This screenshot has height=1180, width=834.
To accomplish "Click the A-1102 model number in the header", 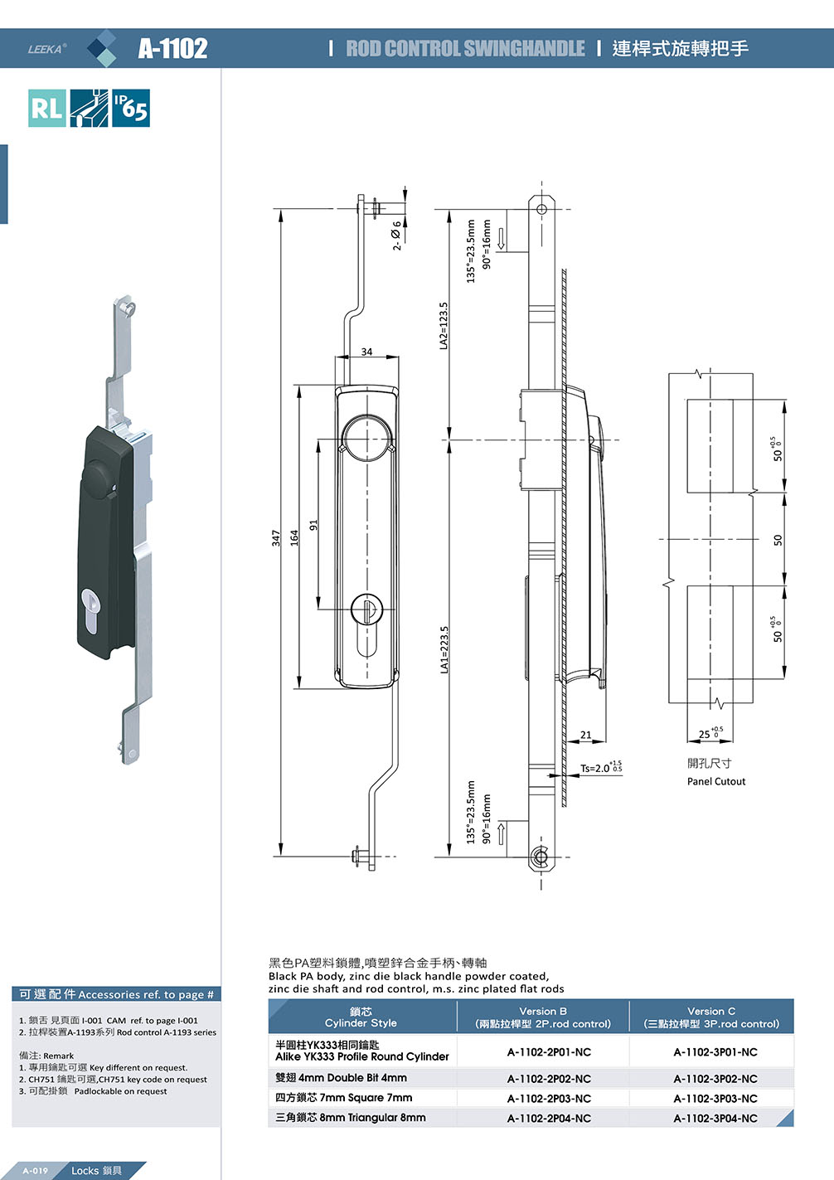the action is click(x=172, y=48).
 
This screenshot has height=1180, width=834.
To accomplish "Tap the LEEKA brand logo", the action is click(x=47, y=49).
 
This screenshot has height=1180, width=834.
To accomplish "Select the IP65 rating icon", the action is click(x=131, y=108).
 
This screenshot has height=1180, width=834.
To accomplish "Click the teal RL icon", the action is click(x=47, y=108).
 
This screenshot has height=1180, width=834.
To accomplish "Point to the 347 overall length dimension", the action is click(x=276, y=538).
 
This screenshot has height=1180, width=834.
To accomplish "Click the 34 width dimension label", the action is click(x=366, y=352).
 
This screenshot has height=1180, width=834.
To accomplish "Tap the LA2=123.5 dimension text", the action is click(x=444, y=326).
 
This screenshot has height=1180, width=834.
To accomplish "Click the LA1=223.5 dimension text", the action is click(x=444, y=649).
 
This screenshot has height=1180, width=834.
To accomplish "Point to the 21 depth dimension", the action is click(x=585, y=735).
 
